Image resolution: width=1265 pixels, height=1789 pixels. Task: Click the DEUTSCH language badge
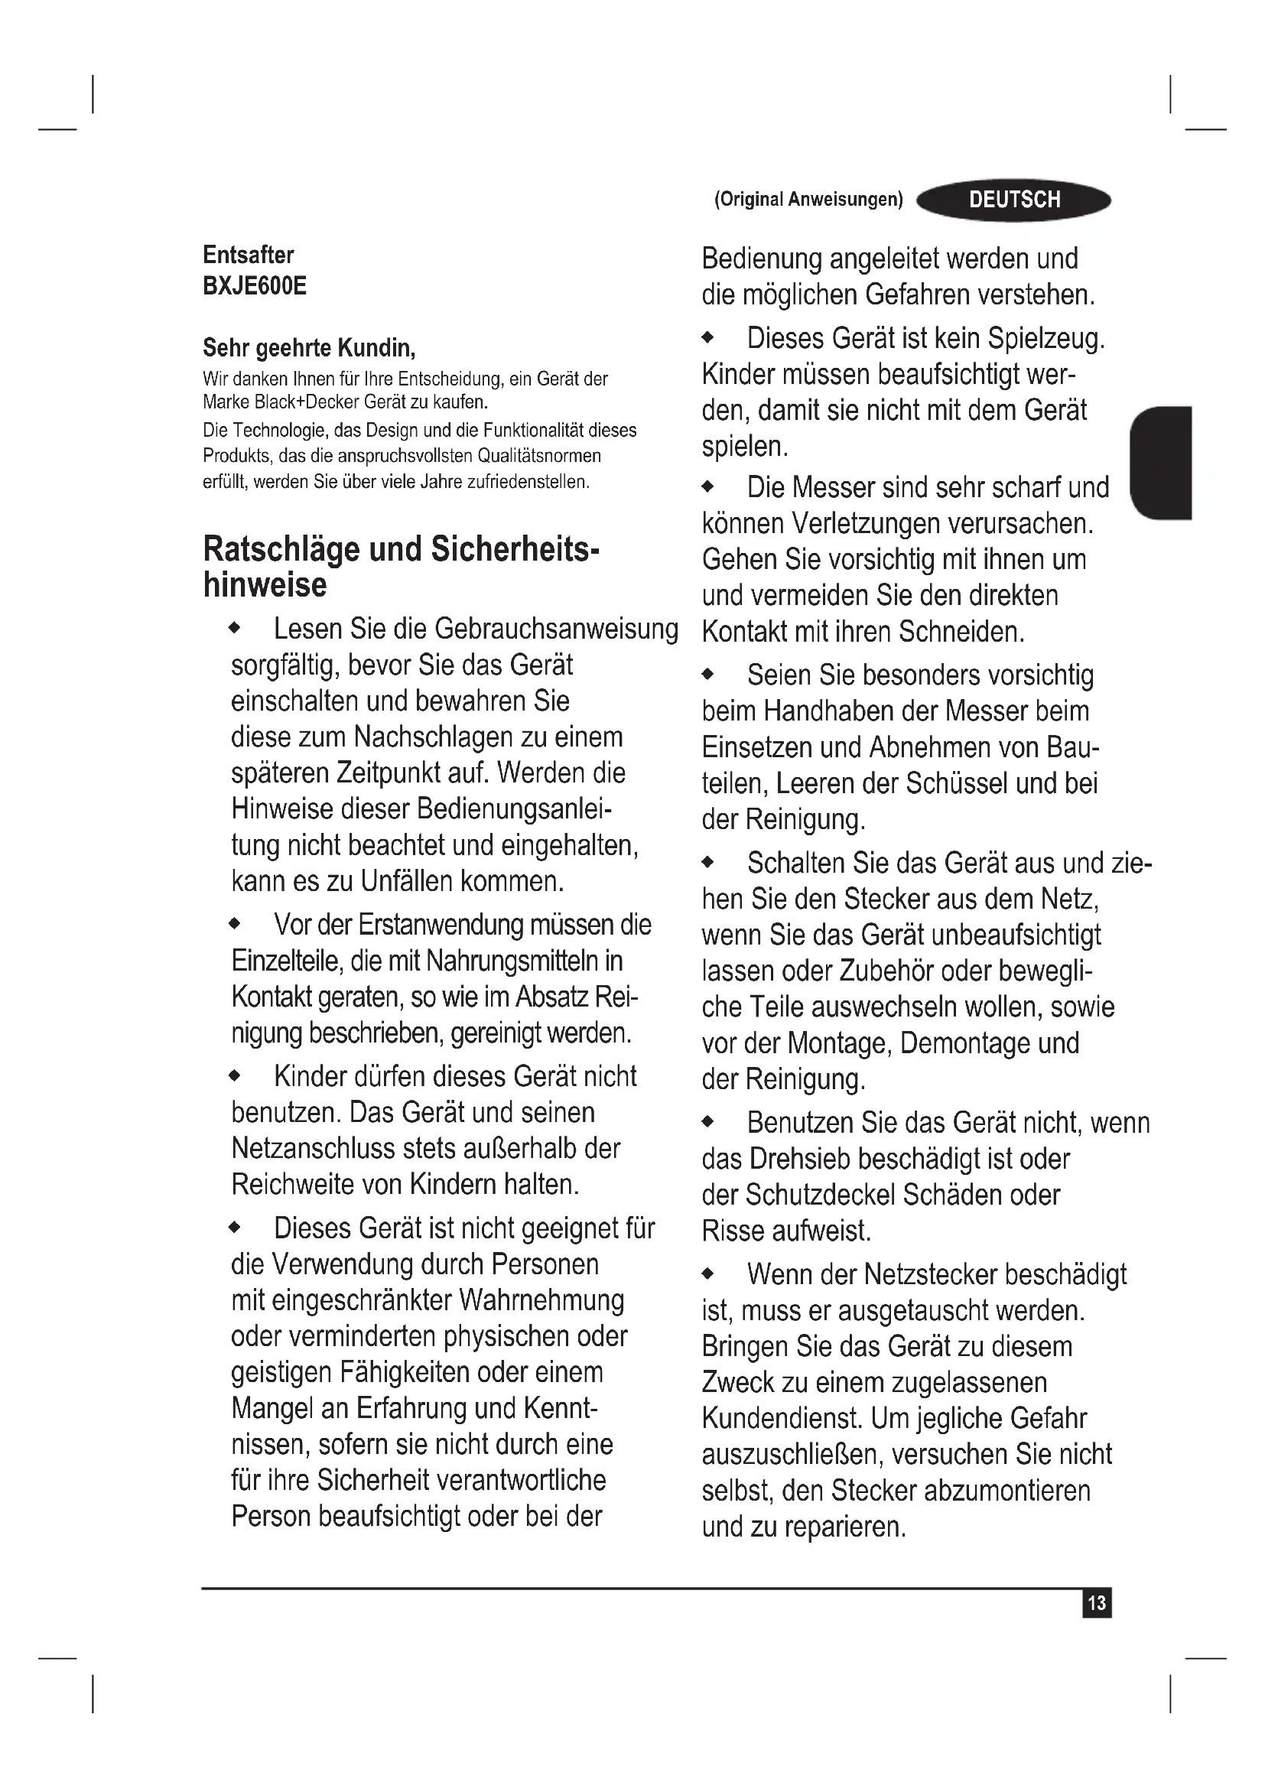pyautogui.click(x=1014, y=200)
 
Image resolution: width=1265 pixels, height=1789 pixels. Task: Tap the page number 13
pyautogui.click(x=1096, y=1602)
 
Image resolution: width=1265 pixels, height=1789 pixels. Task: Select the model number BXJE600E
pyautogui.click(x=255, y=286)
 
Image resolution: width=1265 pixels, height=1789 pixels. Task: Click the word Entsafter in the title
pyautogui.click(x=249, y=255)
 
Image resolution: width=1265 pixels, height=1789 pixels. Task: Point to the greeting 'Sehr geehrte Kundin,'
pyautogui.click(x=309, y=346)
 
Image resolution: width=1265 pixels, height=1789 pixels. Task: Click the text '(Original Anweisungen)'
pyautogui.click(x=808, y=200)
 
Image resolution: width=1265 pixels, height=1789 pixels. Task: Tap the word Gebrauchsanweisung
pyautogui.click(x=556, y=629)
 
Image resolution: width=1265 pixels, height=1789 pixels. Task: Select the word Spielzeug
pyautogui.click(x=1045, y=338)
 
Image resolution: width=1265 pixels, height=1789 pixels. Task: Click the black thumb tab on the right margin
pyautogui.click(x=1162, y=462)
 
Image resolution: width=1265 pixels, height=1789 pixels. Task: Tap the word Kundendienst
pyautogui.click(x=782, y=1418)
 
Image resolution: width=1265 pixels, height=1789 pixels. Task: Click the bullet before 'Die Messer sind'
pyautogui.click(x=707, y=488)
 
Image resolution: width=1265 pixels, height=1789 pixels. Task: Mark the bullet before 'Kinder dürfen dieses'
pyautogui.click(x=235, y=1077)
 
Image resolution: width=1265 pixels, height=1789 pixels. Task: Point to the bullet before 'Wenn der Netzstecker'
pyautogui.click(x=707, y=1275)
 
